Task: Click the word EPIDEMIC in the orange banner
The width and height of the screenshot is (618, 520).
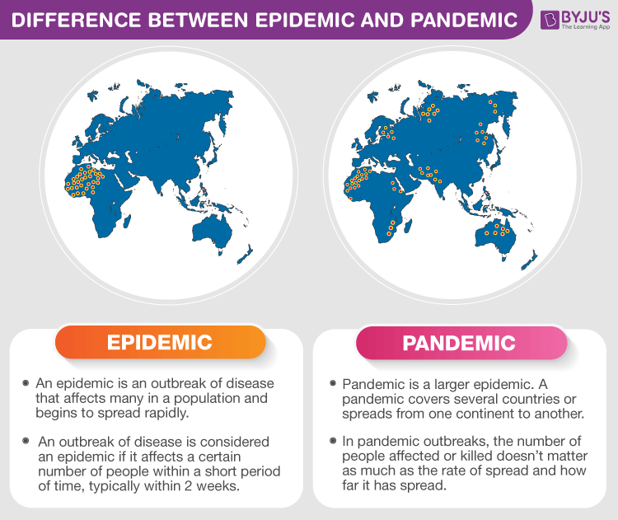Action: point(160,342)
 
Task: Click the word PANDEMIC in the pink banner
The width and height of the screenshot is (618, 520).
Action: point(459,343)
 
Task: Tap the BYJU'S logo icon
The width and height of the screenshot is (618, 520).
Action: point(550,20)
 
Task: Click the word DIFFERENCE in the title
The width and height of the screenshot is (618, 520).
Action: point(77,20)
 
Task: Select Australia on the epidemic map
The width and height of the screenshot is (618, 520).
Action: point(211,232)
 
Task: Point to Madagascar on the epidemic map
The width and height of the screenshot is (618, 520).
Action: point(127,221)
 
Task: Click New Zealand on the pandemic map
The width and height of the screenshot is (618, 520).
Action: point(529,261)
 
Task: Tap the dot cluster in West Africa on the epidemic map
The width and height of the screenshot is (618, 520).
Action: point(84,180)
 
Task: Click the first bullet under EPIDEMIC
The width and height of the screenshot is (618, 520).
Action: point(26,383)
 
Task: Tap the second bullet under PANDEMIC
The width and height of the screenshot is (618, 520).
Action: point(333,441)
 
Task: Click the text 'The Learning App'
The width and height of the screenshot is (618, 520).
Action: point(585,27)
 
